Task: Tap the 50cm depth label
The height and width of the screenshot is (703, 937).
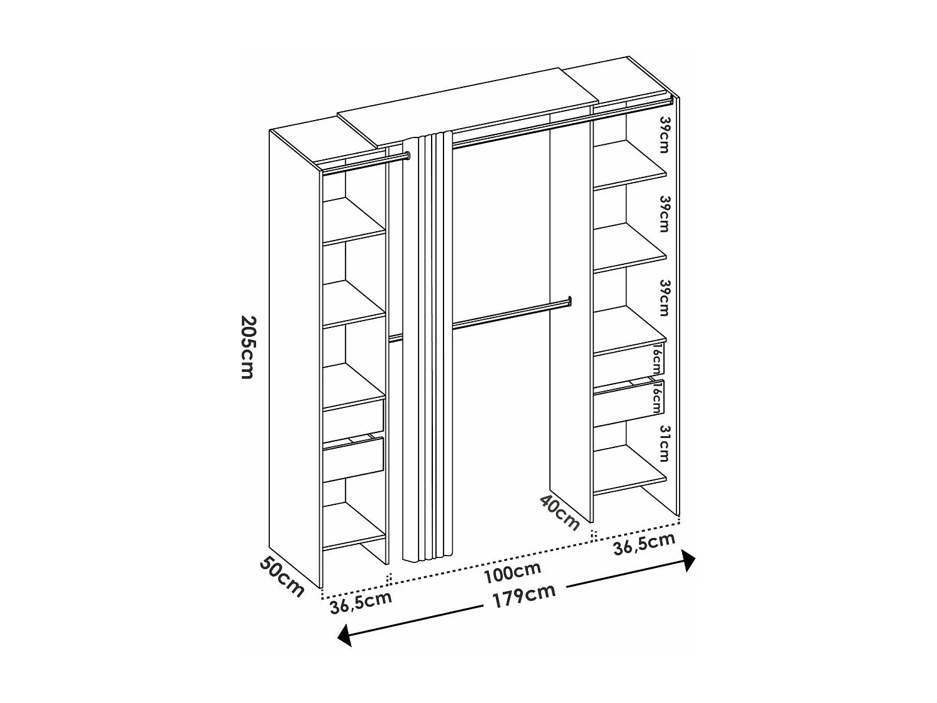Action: coord(282,576)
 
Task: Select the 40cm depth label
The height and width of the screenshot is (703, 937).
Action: coord(560,511)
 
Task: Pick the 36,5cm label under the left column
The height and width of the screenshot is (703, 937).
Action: coord(360,602)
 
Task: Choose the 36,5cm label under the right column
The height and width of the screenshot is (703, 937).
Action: coord(644,544)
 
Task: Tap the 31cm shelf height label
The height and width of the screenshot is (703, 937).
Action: coord(663,443)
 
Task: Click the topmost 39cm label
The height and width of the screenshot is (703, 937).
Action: coord(665,134)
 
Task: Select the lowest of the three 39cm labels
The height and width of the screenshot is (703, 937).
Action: coord(665,297)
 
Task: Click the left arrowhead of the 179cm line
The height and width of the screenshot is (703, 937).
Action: coord(343,636)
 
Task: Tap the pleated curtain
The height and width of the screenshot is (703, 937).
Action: coord(427,344)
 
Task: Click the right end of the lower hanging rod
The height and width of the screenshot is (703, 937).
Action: coord(569,301)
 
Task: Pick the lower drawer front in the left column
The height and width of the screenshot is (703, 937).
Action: coord(353,459)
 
